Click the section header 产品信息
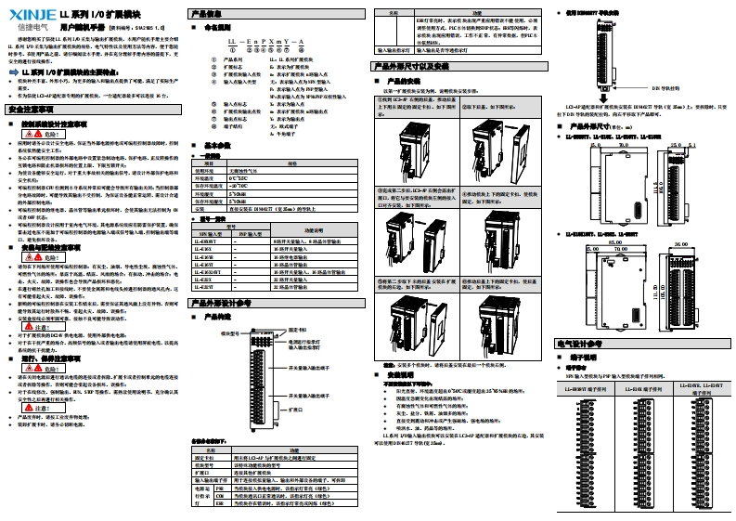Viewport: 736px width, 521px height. click(x=206, y=14)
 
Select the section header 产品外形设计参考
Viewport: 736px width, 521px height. click(x=220, y=302)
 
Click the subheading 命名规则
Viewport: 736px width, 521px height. click(x=220, y=29)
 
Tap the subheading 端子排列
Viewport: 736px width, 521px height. click(x=581, y=356)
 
